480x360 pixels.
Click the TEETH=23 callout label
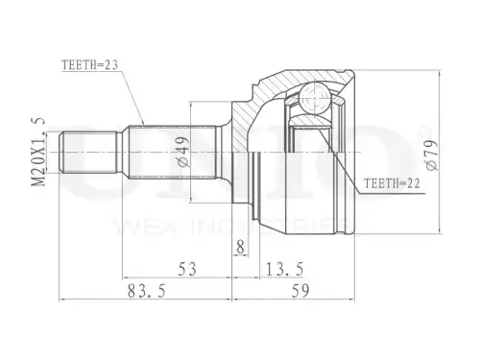pos(90,65)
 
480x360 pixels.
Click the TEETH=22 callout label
pos(392,183)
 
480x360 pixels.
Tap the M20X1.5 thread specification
pos(38,152)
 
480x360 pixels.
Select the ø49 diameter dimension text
pos(183,152)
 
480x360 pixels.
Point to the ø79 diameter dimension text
pos(432,155)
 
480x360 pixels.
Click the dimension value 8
pos(240,247)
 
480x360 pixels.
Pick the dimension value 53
pos(187,269)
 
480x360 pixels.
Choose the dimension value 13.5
pos(284,269)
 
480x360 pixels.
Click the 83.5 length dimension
pos(147,291)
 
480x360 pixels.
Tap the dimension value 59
pos(300,291)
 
